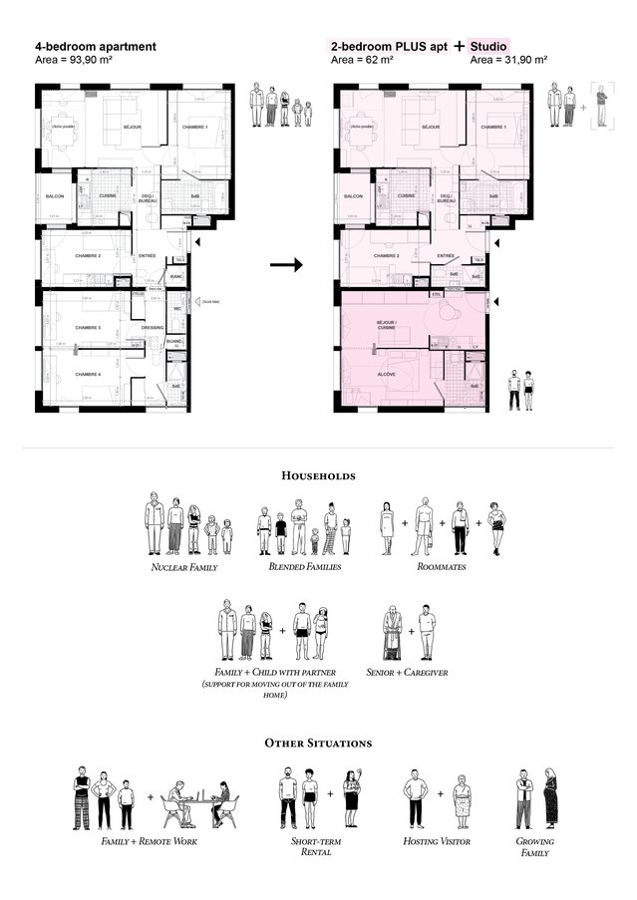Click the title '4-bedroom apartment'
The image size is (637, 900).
click(x=95, y=46)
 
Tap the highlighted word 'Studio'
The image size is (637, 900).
click(x=488, y=46)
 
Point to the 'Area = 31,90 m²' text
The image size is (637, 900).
click(x=507, y=60)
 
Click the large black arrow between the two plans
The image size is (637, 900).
click(x=286, y=264)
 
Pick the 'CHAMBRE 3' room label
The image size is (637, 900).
click(x=88, y=327)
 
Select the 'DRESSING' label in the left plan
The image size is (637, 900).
click(x=153, y=327)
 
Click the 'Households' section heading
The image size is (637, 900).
click(x=318, y=476)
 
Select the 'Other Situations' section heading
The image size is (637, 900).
click(x=318, y=744)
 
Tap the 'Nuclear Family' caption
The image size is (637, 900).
click(x=184, y=567)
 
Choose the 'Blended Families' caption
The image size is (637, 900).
click(x=304, y=567)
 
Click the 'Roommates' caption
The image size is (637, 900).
click(x=442, y=567)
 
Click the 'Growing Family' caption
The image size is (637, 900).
click(x=535, y=847)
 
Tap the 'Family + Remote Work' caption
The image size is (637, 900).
click(x=149, y=842)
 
